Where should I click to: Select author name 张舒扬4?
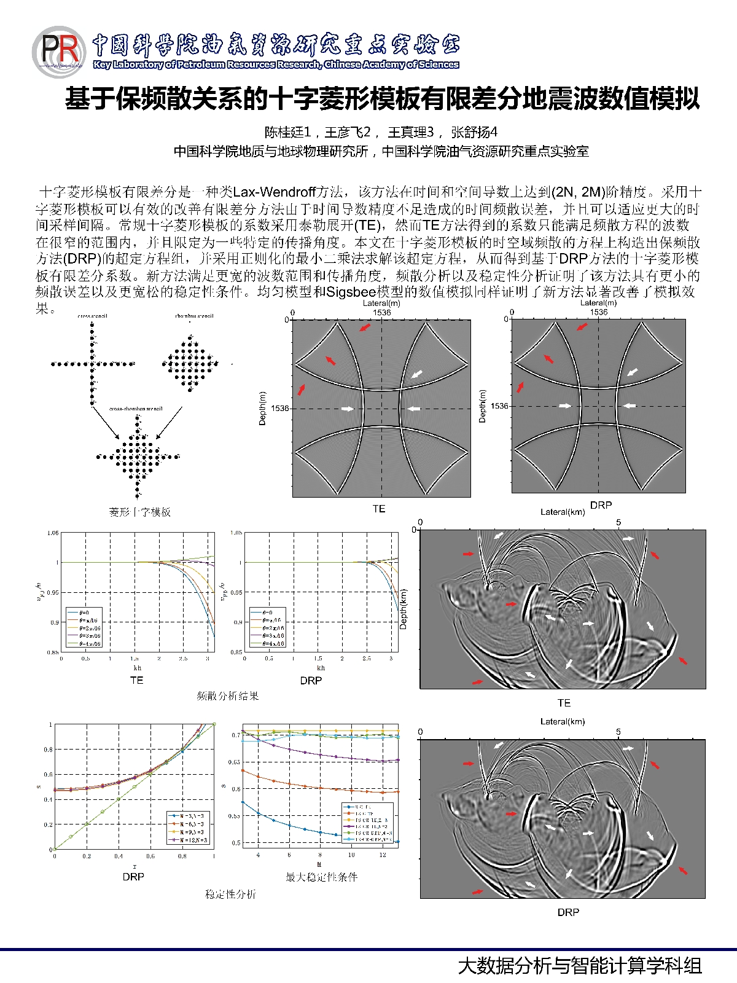[x=474, y=132]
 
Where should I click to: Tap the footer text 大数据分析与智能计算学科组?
[x=580, y=965]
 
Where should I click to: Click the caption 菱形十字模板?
[x=140, y=512]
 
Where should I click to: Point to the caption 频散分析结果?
[x=227, y=695]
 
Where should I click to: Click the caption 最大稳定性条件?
[x=321, y=877]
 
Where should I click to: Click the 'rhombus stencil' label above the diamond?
[x=194, y=316]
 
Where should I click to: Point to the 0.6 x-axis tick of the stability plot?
[x=150, y=856]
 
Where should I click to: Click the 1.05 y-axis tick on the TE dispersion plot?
[x=53, y=533]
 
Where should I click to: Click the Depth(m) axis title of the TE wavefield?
[x=263, y=408]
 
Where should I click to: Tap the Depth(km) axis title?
[x=404, y=609]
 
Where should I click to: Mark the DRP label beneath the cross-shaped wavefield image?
[x=601, y=505]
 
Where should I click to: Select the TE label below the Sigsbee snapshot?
[x=563, y=703]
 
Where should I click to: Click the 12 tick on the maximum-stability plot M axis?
[x=383, y=855]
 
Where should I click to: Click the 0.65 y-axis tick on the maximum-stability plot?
[x=234, y=762]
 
